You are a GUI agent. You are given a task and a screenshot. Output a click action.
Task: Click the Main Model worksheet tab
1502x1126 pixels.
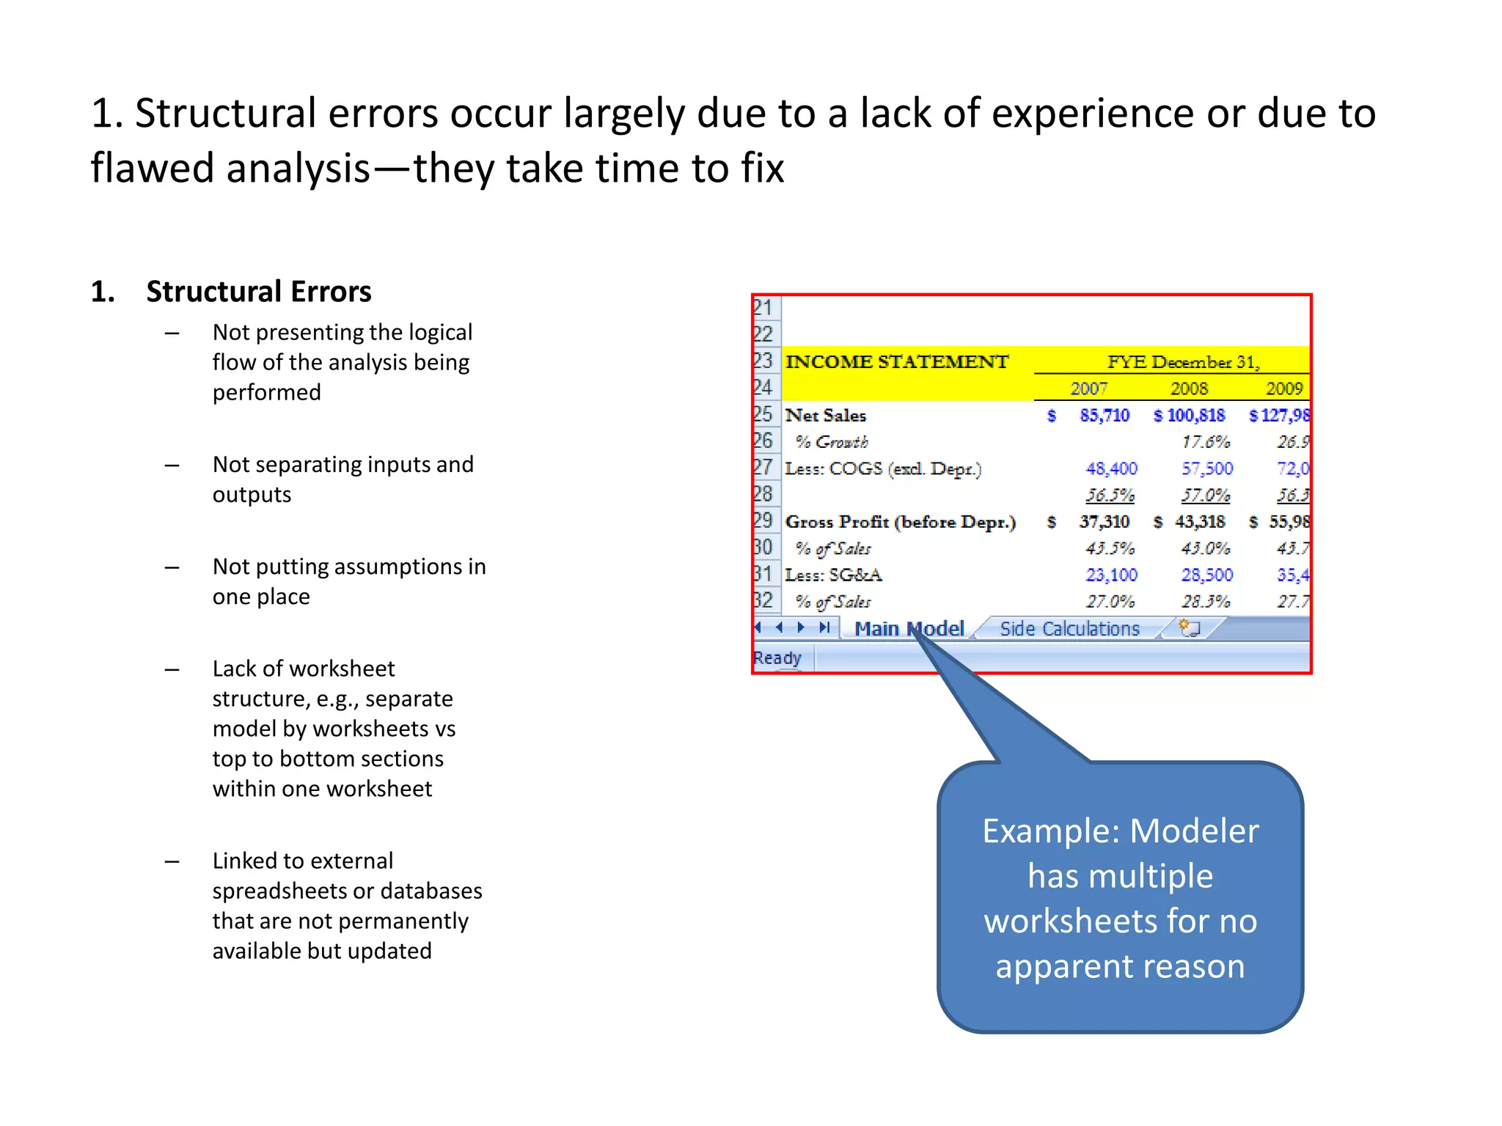[x=909, y=629]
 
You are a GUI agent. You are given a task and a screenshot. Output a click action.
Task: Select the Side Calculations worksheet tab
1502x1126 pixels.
[x=1069, y=629]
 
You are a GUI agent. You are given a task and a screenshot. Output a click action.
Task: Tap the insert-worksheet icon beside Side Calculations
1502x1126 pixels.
[x=1189, y=628]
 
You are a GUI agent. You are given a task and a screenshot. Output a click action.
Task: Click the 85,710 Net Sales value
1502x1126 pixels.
[x=1104, y=416]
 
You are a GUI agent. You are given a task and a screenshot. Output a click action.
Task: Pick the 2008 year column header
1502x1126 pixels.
[x=1188, y=389]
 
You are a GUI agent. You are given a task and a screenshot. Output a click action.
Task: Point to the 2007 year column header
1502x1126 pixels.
[x=1088, y=389]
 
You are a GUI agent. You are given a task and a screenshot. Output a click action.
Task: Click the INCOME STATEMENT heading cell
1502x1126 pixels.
[x=896, y=362]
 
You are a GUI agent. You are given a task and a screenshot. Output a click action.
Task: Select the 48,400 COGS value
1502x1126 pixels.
[x=1111, y=468]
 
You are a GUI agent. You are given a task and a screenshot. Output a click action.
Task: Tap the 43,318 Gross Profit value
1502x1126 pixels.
[x=1199, y=522]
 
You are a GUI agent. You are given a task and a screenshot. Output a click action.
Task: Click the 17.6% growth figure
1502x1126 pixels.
[x=1205, y=442]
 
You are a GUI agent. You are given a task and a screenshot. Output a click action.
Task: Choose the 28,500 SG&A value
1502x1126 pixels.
[x=1206, y=575]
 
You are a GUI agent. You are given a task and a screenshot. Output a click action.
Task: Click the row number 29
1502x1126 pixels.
[x=763, y=520]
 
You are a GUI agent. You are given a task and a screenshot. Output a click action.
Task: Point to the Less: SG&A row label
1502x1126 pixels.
[x=833, y=575]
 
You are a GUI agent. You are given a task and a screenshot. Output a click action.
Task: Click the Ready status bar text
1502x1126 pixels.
[x=777, y=658]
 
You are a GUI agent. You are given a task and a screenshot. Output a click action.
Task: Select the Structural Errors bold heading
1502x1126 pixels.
[x=258, y=292]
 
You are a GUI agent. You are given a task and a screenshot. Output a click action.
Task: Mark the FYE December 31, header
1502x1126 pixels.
[x=1182, y=362]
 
